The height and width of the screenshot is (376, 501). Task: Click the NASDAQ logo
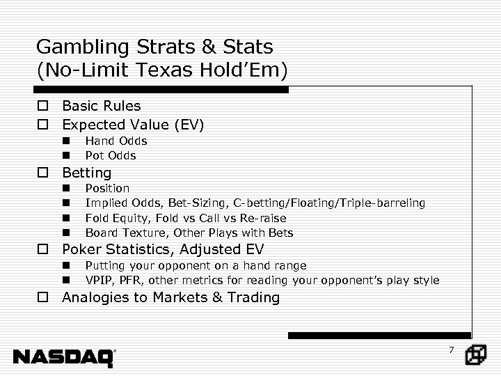click(x=64, y=357)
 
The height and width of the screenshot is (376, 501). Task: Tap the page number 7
click(x=451, y=350)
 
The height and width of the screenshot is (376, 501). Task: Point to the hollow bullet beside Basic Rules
click(x=43, y=107)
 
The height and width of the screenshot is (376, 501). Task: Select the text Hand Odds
click(x=116, y=141)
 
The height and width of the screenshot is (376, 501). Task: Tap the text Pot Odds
click(x=111, y=155)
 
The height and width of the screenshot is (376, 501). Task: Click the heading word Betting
click(x=87, y=172)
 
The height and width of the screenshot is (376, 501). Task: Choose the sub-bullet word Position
click(x=107, y=188)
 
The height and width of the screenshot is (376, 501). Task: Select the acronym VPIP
click(x=98, y=280)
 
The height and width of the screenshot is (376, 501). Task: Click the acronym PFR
click(x=129, y=280)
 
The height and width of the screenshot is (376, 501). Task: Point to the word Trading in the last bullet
click(x=255, y=297)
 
